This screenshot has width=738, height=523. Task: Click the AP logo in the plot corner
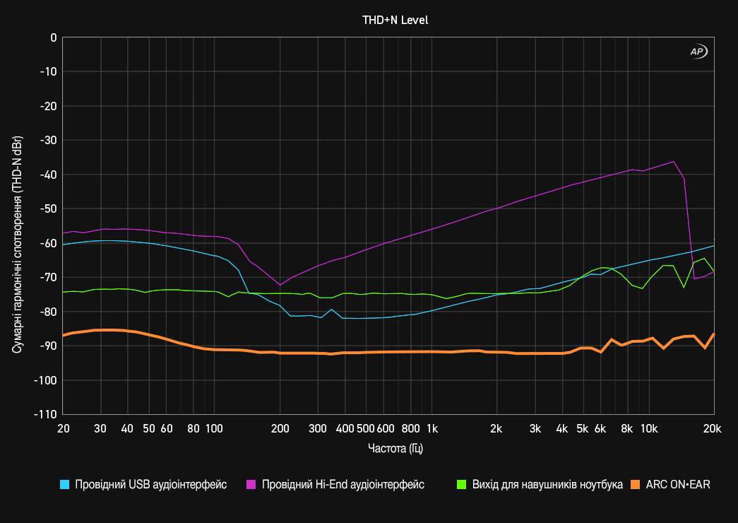tap(697, 52)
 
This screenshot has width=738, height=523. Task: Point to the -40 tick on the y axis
tap(49, 175)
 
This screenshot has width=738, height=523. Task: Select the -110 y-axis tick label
tap(46, 415)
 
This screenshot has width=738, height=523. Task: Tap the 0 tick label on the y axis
tap(54, 37)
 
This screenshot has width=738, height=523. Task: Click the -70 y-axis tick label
tap(49, 278)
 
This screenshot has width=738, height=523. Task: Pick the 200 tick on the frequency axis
tap(280, 428)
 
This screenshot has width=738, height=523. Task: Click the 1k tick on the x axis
tap(432, 428)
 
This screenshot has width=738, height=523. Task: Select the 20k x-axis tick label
tap(713, 428)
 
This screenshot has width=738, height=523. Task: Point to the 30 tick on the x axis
tap(100, 428)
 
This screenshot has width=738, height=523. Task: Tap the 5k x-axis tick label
tap(583, 428)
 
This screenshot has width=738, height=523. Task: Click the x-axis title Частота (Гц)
tap(395, 448)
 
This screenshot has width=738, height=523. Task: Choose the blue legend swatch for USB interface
tap(65, 485)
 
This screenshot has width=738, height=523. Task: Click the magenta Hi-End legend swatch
tap(251, 485)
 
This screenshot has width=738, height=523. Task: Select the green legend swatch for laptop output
tap(461, 485)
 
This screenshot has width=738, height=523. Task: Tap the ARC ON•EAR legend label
tap(678, 485)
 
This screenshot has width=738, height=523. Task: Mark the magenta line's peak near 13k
tap(674, 162)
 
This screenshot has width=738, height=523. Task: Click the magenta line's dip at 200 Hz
tap(280, 285)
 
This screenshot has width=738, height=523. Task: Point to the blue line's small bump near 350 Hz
tap(331, 310)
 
